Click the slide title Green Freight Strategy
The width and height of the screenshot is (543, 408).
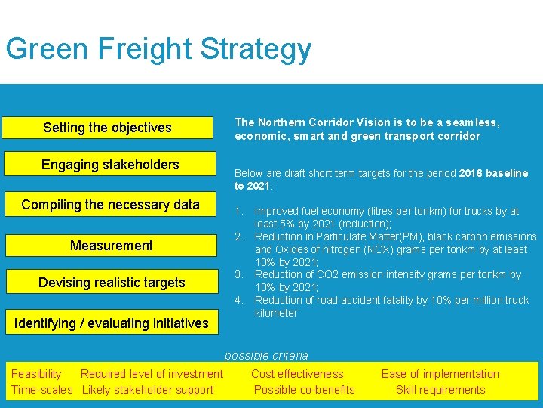[x=158, y=49]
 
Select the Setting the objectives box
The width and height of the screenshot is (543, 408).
[x=107, y=128]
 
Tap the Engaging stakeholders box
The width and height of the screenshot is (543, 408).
[x=110, y=165]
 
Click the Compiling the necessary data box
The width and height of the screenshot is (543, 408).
[x=110, y=205]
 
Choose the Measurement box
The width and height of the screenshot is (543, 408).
[x=111, y=246]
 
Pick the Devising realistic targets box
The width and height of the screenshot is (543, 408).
[x=112, y=283]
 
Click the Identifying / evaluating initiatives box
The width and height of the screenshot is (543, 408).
[x=111, y=323]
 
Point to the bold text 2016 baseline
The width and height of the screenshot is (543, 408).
[x=493, y=173]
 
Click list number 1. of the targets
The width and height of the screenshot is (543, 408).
[x=239, y=211]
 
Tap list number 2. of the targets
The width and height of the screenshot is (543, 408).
[x=239, y=236]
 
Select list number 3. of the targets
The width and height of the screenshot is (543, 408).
[x=239, y=275]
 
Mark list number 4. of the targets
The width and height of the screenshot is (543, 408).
[x=239, y=300]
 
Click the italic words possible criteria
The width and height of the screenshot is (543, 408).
[x=266, y=355]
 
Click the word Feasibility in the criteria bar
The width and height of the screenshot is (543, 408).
[x=36, y=374]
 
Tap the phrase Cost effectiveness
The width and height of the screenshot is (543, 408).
[x=297, y=374]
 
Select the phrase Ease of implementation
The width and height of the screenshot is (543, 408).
[x=440, y=374]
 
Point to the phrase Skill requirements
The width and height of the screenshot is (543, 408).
[x=440, y=390]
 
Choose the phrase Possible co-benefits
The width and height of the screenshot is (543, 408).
[x=304, y=390]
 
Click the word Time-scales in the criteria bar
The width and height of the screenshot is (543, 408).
[x=41, y=390]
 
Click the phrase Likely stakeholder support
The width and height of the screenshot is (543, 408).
[x=148, y=390]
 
